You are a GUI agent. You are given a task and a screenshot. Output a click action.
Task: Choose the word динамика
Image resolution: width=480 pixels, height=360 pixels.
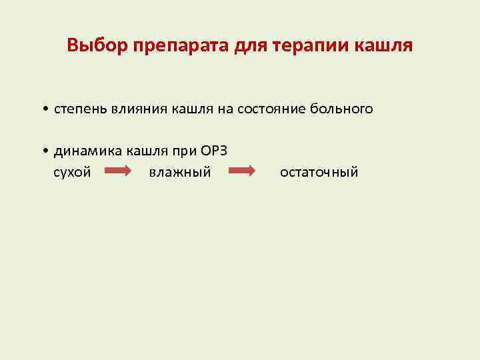coord(85,151)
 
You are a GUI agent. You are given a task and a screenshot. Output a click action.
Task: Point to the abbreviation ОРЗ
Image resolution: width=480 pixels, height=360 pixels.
coord(215,151)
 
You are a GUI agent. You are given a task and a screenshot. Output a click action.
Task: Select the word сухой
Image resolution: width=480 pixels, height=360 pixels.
coord(72,173)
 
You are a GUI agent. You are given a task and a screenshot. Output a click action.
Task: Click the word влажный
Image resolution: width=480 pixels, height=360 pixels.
coord(180,173)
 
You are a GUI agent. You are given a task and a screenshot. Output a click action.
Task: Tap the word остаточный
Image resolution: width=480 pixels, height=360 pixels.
coord(319,173)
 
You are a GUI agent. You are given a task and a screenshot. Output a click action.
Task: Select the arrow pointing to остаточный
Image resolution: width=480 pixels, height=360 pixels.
coord(243,172)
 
